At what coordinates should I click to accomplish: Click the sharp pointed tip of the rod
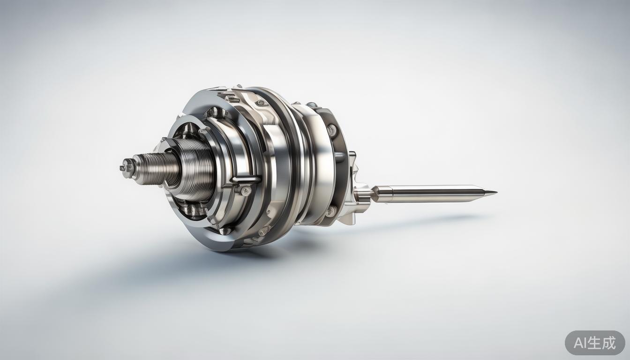click(x=494, y=192)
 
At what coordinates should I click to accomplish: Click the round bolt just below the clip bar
click(x=245, y=190)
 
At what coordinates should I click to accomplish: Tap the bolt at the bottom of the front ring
click(x=225, y=231)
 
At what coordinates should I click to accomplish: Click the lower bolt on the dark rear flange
click(x=331, y=210)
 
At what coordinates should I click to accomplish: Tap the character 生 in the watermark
click(x=594, y=343)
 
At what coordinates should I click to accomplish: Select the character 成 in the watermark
click(x=608, y=343)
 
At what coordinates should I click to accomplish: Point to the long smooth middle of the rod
click(x=431, y=193)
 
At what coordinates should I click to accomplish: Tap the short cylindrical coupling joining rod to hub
click(x=362, y=193)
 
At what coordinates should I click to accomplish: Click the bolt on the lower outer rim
click(x=263, y=231)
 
